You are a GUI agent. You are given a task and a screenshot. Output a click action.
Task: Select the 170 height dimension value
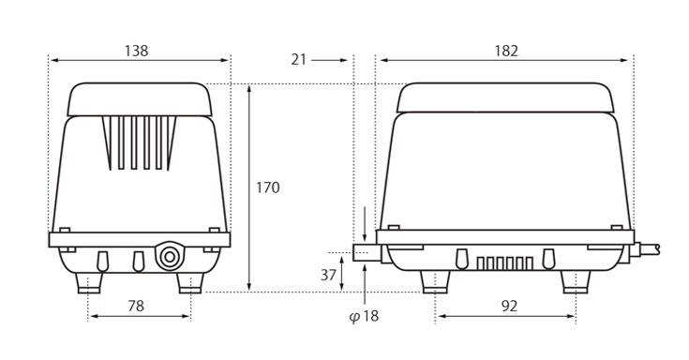pyautogui.click(x=268, y=187)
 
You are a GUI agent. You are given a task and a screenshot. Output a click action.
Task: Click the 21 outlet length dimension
pyautogui.click(x=299, y=59)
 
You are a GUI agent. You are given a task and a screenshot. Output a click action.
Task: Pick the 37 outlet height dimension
pyautogui.click(x=327, y=275)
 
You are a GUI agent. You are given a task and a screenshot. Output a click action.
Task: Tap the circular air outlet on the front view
pyautogui.click(x=170, y=257)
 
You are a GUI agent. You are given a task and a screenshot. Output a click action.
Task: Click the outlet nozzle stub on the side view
pyautogui.click(x=364, y=253)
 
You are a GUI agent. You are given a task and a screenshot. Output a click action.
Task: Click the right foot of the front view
pyautogui.click(x=189, y=281)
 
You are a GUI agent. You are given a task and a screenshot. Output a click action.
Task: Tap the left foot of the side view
pyautogui.click(x=434, y=281)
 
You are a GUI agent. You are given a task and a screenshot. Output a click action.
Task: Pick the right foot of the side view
pyautogui.click(x=575, y=281)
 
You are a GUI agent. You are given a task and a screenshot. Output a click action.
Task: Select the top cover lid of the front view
pyautogui.click(x=139, y=98)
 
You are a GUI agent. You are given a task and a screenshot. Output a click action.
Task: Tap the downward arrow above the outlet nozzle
pyautogui.click(x=364, y=226)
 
